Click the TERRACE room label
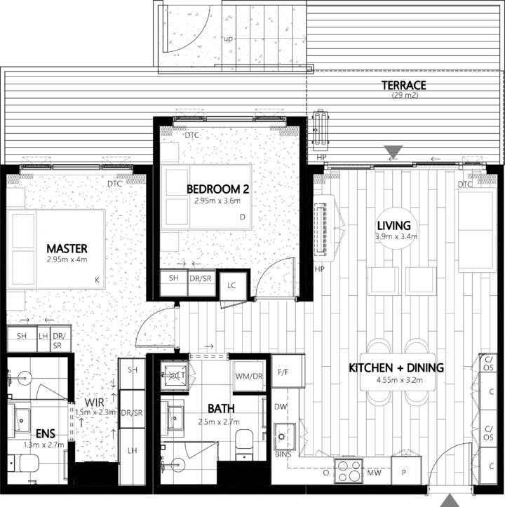(x=403, y=86)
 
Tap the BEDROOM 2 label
(x=218, y=189)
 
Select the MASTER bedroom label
(x=67, y=248)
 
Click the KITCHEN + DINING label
(x=396, y=368)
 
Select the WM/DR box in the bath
(x=249, y=377)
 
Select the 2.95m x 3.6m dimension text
(x=217, y=202)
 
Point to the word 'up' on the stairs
(x=227, y=39)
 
